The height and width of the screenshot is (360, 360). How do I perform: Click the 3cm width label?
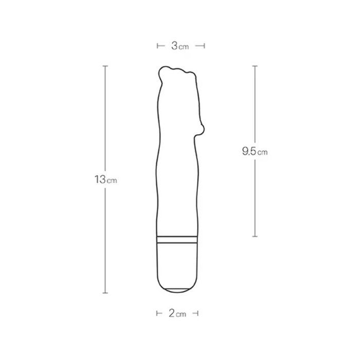[x=180, y=46]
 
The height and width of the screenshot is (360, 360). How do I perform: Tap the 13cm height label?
[x=105, y=179]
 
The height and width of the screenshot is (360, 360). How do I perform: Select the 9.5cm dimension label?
[x=255, y=152]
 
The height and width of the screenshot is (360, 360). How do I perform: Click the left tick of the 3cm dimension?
[x=157, y=46]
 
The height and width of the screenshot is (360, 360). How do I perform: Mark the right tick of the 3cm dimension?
[x=205, y=46]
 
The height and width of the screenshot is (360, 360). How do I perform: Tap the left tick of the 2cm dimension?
[x=157, y=313]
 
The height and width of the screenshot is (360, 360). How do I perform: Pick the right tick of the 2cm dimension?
[x=198, y=313]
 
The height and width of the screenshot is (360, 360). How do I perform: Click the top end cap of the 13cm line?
[x=105, y=66]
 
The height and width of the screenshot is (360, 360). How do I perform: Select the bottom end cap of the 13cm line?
[x=105, y=294]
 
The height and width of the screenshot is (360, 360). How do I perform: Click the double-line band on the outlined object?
[x=176, y=239]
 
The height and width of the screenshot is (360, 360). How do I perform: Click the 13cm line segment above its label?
[x=105, y=118]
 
